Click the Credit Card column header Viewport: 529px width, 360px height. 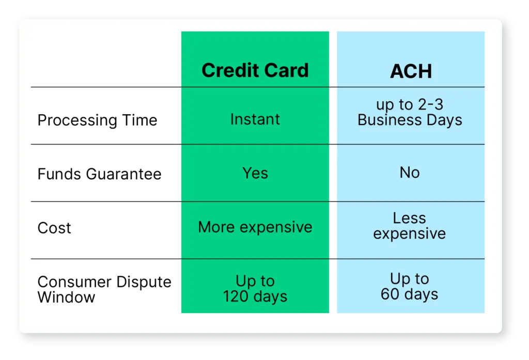255,70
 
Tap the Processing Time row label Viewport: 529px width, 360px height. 97,120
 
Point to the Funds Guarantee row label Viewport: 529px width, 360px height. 99,174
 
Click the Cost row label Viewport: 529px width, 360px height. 54,228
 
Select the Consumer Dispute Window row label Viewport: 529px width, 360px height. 104,289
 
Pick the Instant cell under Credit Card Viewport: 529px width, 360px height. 255,119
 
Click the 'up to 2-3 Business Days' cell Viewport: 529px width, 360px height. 410,113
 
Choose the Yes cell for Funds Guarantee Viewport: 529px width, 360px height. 255,173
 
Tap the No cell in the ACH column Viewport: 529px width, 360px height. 410,173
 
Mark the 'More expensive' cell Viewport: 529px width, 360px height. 255,227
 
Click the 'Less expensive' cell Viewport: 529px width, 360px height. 410,226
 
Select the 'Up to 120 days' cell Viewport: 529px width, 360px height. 255,289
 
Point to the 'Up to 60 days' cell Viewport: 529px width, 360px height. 410,287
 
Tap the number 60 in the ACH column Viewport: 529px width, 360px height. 390,294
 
